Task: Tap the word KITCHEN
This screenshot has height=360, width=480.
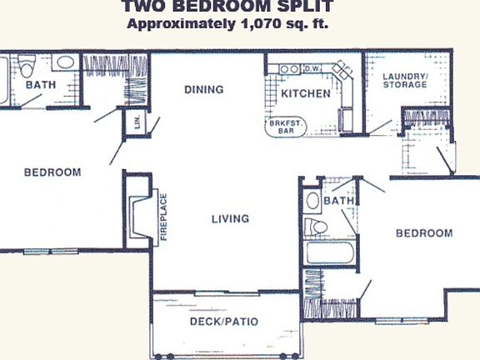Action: point(305,93)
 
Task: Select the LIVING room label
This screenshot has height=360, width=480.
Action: point(230,219)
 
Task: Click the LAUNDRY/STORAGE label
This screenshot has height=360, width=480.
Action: point(405,81)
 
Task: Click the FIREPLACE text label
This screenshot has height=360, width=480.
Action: point(163,218)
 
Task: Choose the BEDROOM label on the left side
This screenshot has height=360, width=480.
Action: point(52,172)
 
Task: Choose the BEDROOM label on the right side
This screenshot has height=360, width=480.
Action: point(423,233)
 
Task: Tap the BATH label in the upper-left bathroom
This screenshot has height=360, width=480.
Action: point(38,85)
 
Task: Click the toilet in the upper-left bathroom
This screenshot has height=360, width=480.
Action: point(26,65)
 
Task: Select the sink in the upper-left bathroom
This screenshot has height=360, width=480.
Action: point(64,63)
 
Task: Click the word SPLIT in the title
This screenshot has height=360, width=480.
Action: point(307,7)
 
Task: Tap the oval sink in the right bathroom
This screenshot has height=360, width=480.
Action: point(312,201)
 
